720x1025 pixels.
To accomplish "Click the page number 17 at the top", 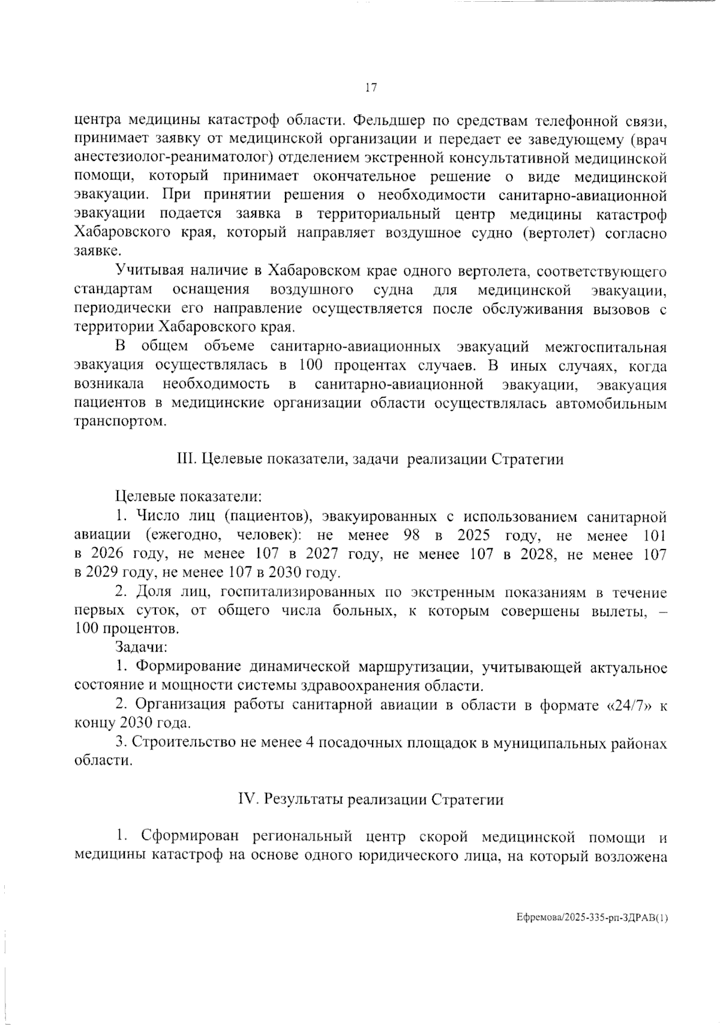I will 370,88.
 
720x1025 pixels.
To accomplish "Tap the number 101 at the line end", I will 654,535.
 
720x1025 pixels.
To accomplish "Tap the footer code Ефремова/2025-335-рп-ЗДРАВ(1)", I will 592,918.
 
